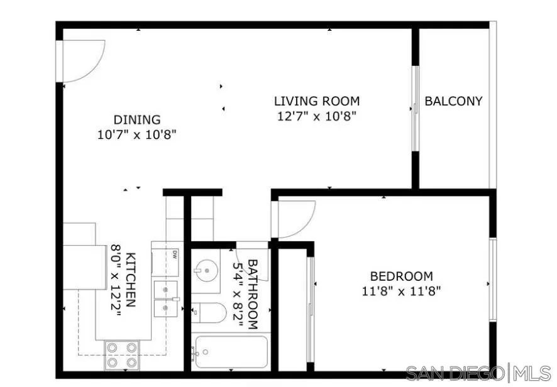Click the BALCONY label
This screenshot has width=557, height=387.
pyautogui.click(x=453, y=101)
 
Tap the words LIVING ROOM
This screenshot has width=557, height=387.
pyautogui.click(x=317, y=101)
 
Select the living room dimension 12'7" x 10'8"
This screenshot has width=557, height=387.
pyautogui.click(x=317, y=116)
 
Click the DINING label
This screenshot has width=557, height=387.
pyautogui.click(x=137, y=119)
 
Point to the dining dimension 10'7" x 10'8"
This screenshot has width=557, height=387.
pyautogui.click(x=137, y=134)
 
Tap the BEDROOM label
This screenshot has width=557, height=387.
pyautogui.click(x=401, y=276)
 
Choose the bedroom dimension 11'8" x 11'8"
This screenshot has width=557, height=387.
pyautogui.click(x=401, y=291)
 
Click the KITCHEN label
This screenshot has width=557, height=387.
pyautogui.click(x=130, y=280)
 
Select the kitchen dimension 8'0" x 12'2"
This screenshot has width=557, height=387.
pyautogui.click(x=116, y=280)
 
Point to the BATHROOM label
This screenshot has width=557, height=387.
pyautogui.click(x=252, y=294)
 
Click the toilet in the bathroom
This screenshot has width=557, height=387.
pyautogui.click(x=208, y=312)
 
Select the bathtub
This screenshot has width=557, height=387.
pyautogui.click(x=231, y=352)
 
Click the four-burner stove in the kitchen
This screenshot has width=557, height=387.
pyautogui.click(x=122, y=355)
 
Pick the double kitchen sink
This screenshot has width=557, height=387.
pyautogui.click(x=167, y=299)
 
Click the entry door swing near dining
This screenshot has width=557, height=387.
pyautogui.click(x=82, y=61)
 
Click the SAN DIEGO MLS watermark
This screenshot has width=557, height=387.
pyautogui.click(x=478, y=373)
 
